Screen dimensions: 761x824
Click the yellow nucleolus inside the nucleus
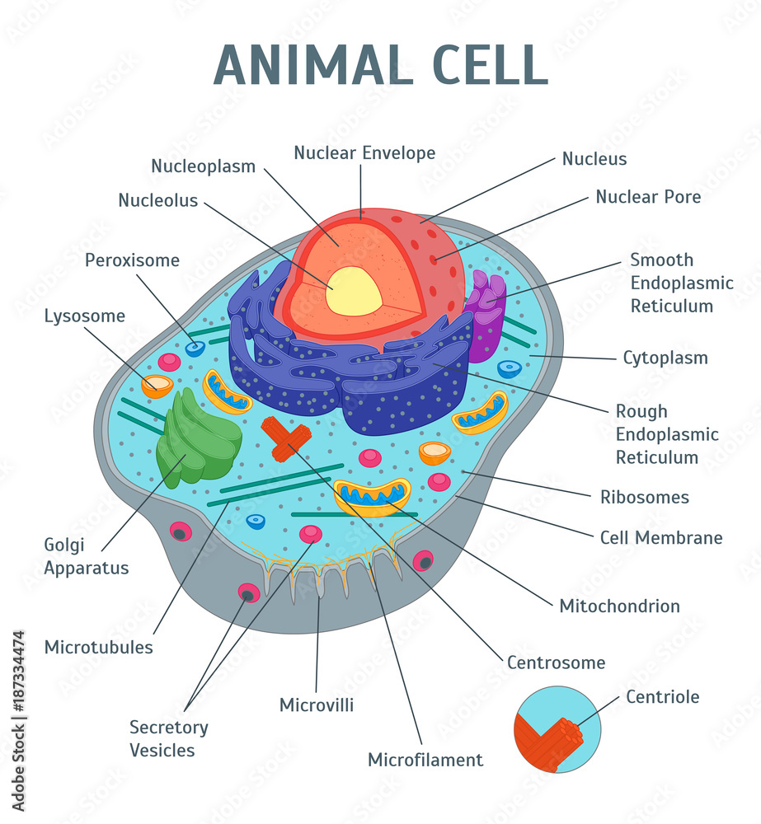pyautogui.click(x=354, y=291)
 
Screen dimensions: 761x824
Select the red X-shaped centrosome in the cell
pyautogui.click(x=285, y=438)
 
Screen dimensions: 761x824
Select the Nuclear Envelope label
pyautogui.click(x=364, y=152)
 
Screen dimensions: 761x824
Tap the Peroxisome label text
pyautogui.click(x=132, y=260)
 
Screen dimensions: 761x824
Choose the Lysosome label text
pyautogui.click(x=85, y=316)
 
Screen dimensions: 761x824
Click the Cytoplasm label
pyautogui.click(x=665, y=358)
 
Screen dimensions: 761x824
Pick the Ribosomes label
pyautogui.click(x=645, y=497)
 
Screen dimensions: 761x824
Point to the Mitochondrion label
pyautogui.click(x=619, y=606)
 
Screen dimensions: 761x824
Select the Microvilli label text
pyautogui.click(x=317, y=705)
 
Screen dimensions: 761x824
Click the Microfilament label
pyautogui.click(x=425, y=760)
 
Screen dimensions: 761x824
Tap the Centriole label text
pyautogui.click(x=662, y=697)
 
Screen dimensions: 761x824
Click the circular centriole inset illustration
pyautogui.click(x=557, y=729)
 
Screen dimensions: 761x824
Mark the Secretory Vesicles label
pyautogui.click(x=168, y=738)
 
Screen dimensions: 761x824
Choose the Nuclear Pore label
pyautogui.click(x=648, y=197)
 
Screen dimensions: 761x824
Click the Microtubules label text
pyautogui.click(x=99, y=647)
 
